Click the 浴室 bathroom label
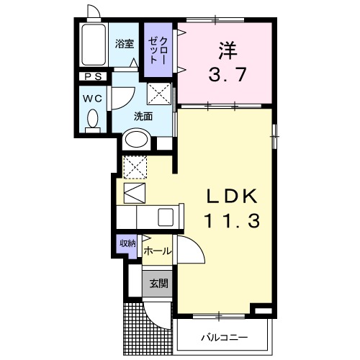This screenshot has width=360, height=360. [x=125, y=43]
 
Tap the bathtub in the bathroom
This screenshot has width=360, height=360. [x=92, y=46]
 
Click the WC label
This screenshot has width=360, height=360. [x=92, y=95]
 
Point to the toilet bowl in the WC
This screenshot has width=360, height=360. [x=92, y=119]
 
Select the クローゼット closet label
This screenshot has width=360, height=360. [x=156, y=51]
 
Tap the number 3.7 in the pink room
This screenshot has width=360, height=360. [x=227, y=73]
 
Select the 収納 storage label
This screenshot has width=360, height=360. [x=127, y=244]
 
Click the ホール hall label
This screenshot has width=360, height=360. [x=158, y=251]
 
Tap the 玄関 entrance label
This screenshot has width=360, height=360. [x=158, y=284]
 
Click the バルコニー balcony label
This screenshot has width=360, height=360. [x=223, y=337]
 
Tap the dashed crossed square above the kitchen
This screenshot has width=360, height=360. [x=134, y=167]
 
